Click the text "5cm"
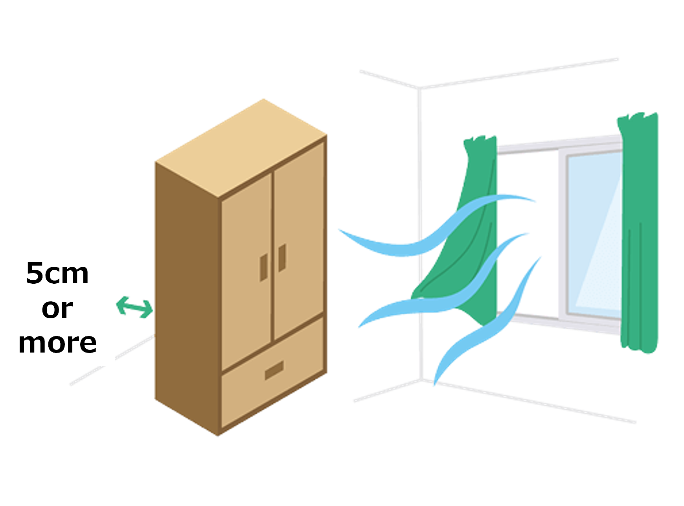point(57,273)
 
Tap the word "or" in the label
point(57,308)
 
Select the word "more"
point(57,343)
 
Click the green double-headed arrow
point(135,307)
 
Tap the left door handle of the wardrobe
point(264,268)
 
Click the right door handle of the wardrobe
point(282,258)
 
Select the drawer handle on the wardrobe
point(274,371)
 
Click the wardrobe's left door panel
point(246,271)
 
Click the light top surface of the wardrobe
point(241,148)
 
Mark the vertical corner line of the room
point(420,235)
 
